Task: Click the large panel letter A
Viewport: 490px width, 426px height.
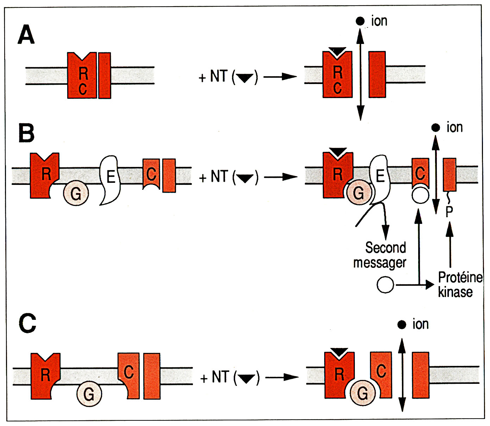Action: tap(26, 35)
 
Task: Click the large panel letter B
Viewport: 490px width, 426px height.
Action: tap(26, 133)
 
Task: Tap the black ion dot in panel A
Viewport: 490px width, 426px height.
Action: tap(360, 21)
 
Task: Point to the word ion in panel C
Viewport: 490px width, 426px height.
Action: tap(421, 324)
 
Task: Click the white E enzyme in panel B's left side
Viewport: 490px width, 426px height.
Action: tap(110, 180)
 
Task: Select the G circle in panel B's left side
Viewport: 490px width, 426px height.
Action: tap(76, 193)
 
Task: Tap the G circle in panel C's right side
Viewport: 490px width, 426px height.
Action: tap(363, 393)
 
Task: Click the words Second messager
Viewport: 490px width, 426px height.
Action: tap(380, 255)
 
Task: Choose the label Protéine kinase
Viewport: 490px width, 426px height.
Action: tap(460, 285)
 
